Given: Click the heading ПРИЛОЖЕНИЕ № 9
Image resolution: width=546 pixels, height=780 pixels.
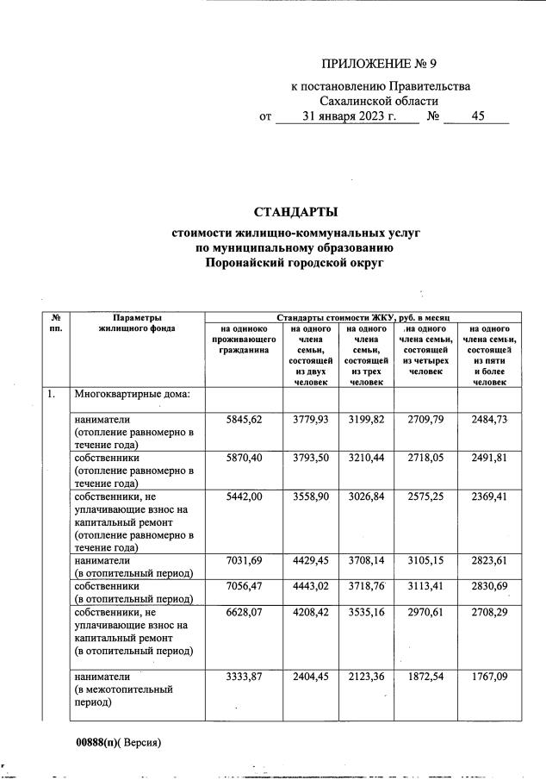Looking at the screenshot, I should pyautogui.click(x=385, y=64).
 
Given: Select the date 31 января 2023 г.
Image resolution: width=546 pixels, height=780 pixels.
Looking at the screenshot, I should pyautogui.click(x=348, y=117).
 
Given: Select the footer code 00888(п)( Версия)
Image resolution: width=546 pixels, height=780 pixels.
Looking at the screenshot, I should pyautogui.click(x=118, y=742).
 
